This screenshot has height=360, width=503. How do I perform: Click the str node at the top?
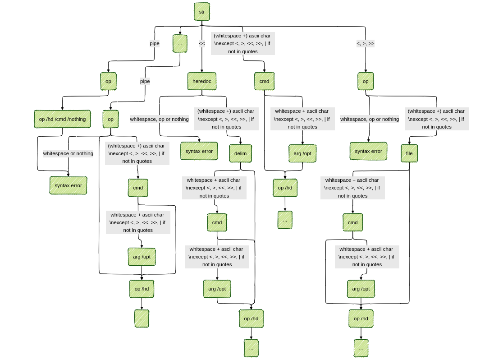[x=201, y=12]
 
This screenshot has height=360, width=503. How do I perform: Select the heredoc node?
[x=201, y=81]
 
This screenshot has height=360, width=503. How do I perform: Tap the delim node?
[x=240, y=153]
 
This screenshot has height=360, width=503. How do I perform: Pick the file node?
[x=409, y=153]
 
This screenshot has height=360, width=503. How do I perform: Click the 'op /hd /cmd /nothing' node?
[x=62, y=119]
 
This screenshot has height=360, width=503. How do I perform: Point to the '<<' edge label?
[x=201, y=44]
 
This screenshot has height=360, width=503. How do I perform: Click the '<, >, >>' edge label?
[x=365, y=44]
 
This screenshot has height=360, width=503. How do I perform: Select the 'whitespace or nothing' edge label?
[x=68, y=153]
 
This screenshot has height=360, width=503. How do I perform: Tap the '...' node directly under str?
[x=180, y=44]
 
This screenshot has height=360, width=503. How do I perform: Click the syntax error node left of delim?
[x=199, y=151]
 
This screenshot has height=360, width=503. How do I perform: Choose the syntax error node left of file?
[x=368, y=151]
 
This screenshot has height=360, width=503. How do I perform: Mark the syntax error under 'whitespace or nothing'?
[x=68, y=185]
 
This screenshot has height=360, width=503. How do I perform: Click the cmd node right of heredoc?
[x=264, y=81]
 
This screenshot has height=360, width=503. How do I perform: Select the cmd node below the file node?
[x=352, y=222]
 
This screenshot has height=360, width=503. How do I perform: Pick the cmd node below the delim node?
[x=217, y=222]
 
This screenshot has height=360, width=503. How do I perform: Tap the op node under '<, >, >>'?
[x=366, y=81]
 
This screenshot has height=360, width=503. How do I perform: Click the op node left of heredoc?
[x=108, y=81]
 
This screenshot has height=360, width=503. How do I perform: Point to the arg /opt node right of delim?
[x=302, y=153]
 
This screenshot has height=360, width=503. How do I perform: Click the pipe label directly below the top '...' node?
[x=145, y=81]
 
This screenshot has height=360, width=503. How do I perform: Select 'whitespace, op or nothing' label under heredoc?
[x=159, y=119]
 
